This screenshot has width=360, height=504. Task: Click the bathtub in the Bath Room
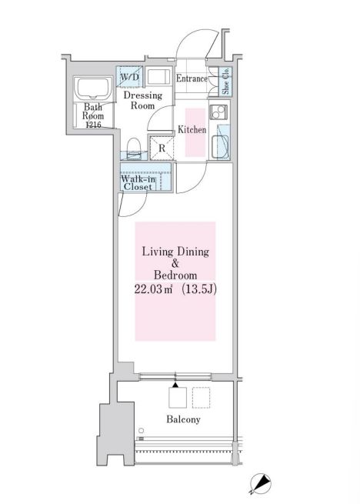tap(93, 88)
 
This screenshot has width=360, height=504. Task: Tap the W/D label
tap(129, 77)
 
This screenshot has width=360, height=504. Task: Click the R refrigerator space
tap(162, 149)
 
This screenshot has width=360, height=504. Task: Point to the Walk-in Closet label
tap(138, 182)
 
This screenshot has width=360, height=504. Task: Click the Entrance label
tap(192, 78)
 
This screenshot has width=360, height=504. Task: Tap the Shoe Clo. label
tap(225, 81)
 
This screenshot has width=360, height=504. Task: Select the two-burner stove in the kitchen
tap(218, 112)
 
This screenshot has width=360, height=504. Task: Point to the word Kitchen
tap(192, 129)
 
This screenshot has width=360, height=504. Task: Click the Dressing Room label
tap(143, 100)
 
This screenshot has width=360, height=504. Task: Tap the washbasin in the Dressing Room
tap(158, 76)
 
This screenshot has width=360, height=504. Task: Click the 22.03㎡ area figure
tap(153, 289)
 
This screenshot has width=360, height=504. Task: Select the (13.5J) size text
tap(199, 289)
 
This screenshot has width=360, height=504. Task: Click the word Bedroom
tap(175, 275)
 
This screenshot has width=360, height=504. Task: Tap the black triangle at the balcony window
tap(175, 385)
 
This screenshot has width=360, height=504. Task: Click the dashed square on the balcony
tap(202, 398)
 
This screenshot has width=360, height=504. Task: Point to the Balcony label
tap(183, 419)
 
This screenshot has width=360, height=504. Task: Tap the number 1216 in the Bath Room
tap(93, 125)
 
